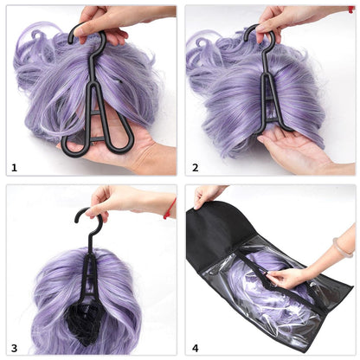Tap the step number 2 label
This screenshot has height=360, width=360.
coord(195,167)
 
